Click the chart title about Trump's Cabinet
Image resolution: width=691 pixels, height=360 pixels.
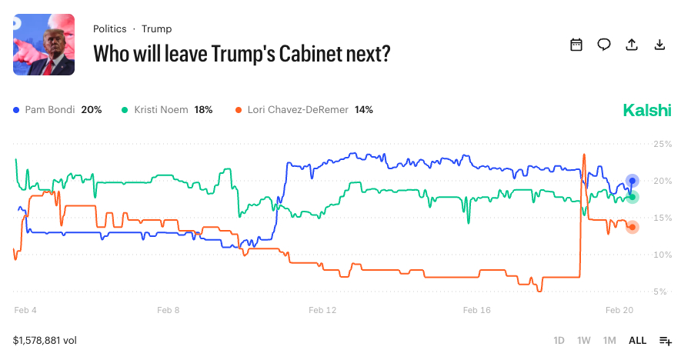tap(242, 54)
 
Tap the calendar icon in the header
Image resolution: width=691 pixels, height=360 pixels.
tap(576, 45)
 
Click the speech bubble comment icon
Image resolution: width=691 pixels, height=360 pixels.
tap(604, 45)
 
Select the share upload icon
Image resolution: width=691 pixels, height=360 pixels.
tap(632, 45)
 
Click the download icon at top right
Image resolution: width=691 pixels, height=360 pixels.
tap(659, 45)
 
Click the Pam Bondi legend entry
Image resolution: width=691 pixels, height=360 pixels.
tap(58, 110)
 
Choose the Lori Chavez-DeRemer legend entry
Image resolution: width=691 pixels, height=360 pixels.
tap(304, 110)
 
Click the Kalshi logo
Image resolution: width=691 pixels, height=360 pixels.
tap(647, 110)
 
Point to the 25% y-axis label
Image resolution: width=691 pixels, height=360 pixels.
tap(663, 144)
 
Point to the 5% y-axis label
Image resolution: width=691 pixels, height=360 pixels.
tap(663, 292)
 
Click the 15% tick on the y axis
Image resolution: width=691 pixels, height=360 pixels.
tap(663, 218)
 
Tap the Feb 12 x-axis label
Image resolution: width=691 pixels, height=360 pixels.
tap(322, 311)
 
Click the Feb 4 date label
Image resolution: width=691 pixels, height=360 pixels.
tap(25, 311)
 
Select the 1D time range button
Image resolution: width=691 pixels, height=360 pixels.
tap(559, 340)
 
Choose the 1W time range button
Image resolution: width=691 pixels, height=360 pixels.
tap(584, 340)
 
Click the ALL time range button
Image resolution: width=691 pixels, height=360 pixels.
tap(637, 340)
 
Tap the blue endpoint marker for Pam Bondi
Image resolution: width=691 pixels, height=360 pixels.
tap(633, 181)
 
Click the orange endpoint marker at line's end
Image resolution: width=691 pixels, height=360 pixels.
tap(633, 227)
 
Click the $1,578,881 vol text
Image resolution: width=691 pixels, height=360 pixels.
tap(45, 340)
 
